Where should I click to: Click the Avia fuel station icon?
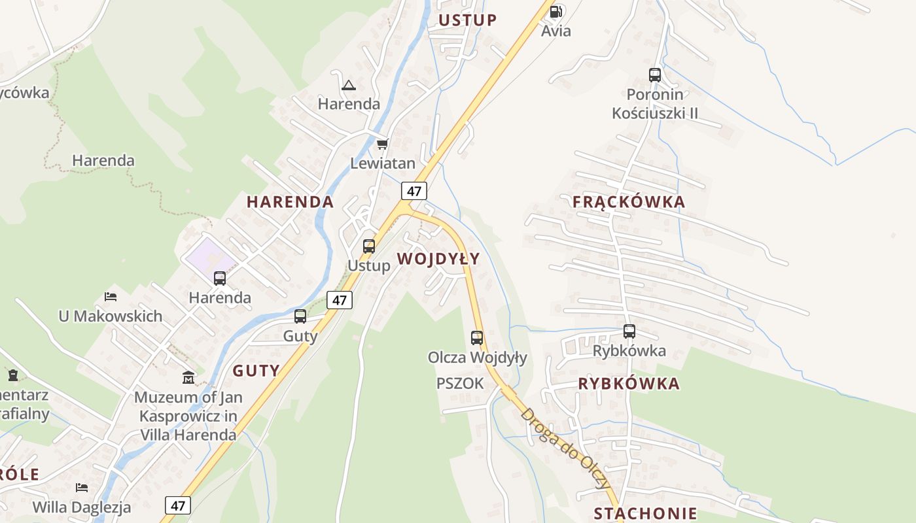click(x=555, y=12)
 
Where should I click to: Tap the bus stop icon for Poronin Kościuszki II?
click(x=655, y=75)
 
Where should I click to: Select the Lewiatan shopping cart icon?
click(x=382, y=144)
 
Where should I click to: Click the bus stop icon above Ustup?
click(x=369, y=246)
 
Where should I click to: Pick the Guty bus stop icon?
click(x=300, y=316)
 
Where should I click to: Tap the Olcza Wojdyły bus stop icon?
click(x=477, y=338)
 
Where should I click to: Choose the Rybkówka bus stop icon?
click(x=629, y=331)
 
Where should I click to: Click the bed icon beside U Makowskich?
click(x=111, y=297)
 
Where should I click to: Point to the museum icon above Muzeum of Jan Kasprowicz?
click(x=188, y=377)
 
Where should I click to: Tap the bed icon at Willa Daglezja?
click(x=82, y=488)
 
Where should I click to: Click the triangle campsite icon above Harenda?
click(x=349, y=85)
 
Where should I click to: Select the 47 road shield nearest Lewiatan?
click(x=414, y=191)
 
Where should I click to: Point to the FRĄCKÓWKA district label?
click(x=629, y=202)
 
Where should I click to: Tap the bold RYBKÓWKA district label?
click(x=629, y=384)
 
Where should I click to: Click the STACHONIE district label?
click(x=645, y=513)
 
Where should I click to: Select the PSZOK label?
click(x=460, y=384)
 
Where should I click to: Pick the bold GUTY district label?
click(x=256, y=371)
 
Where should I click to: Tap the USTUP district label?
click(x=468, y=20)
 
